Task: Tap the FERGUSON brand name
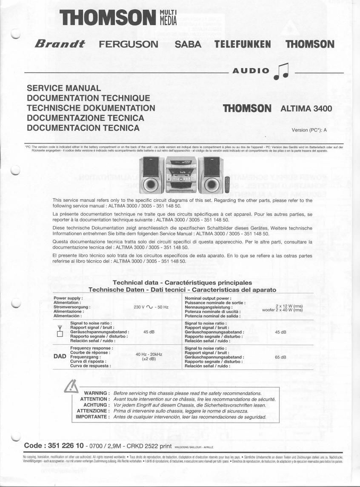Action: pyautogui.click(x=128, y=44)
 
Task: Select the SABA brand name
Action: pyautogui.click(x=189, y=44)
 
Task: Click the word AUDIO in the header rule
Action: pyautogui.click(x=251, y=71)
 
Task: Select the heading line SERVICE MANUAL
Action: pyautogui.click(x=64, y=89)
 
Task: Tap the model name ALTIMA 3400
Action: pyautogui.click(x=306, y=109)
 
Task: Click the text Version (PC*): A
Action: pyautogui.click(x=309, y=130)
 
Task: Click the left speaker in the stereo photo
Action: pyautogui.click(x=149, y=175)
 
